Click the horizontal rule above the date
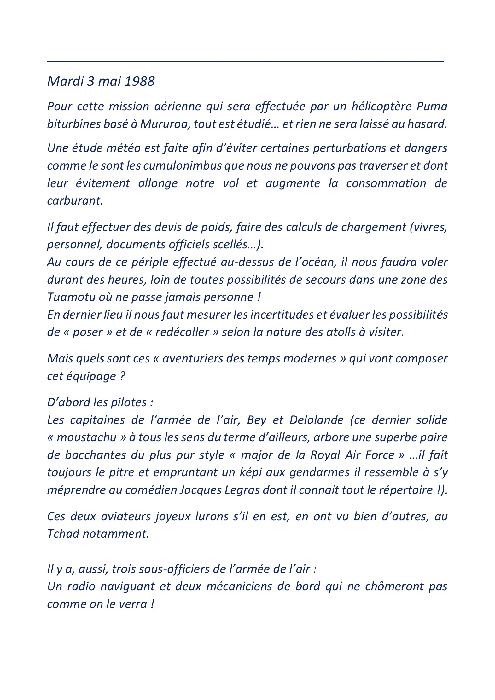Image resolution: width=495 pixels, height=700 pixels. point(246,60)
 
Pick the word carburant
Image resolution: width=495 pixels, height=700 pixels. point(75,201)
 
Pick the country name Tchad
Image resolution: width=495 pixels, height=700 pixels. point(63,534)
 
